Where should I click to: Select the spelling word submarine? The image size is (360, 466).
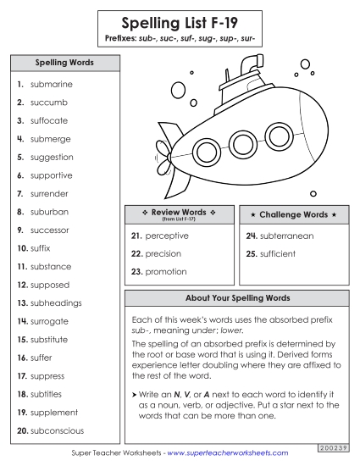point(51,85)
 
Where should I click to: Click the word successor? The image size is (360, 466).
point(50,230)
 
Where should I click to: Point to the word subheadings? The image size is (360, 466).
point(56,303)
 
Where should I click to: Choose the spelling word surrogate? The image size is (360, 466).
point(52,322)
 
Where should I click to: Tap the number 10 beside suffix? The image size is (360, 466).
point(21,249)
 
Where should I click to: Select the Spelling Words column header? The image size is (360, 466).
point(64,64)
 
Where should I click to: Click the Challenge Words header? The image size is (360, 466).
point(292,214)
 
